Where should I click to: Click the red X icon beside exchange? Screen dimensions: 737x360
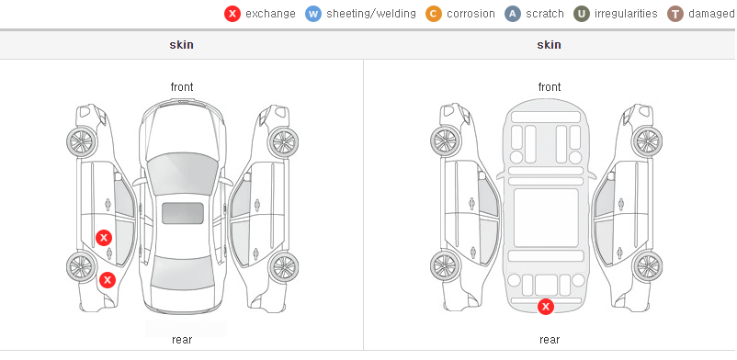pyautogui.click(x=232, y=14)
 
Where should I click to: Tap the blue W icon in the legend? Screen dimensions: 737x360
pyautogui.click(x=313, y=14)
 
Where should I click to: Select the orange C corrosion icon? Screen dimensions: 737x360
pyautogui.click(x=434, y=14)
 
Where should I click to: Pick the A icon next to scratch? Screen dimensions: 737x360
pyautogui.click(x=513, y=14)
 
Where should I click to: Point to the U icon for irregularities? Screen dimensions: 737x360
pyautogui.click(x=582, y=14)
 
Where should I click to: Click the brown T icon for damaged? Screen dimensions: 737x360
pyautogui.click(x=675, y=14)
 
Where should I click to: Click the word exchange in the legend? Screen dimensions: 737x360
pyautogui.click(x=270, y=14)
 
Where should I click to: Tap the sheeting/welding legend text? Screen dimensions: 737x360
pyautogui.click(x=371, y=14)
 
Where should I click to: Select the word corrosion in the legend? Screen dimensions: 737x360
pyautogui.click(x=471, y=14)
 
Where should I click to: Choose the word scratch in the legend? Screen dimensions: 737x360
pyautogui.click(x=544, y=14)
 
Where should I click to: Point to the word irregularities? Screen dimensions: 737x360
pyautogui.click(x=626, y=14)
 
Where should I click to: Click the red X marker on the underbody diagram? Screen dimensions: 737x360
pyautogui.click(x=546, y=307)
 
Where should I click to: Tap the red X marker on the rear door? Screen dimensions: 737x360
pyautogui.click(x=104, y=238)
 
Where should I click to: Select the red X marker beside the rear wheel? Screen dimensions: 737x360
pyautogui.click(x=108, y=281)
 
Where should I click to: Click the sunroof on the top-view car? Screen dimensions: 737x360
pyautogui.click(x=183, y=213)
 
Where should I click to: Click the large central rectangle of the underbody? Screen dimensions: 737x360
pyautogui.click(x=546, y=218)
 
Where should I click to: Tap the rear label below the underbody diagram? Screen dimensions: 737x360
pyautogui.click(x=549, y=340)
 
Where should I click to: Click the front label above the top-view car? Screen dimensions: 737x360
pyautogui.click(x=182, y=87)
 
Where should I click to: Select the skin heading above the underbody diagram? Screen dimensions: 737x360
pyautogui.click(x=549, y=45)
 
